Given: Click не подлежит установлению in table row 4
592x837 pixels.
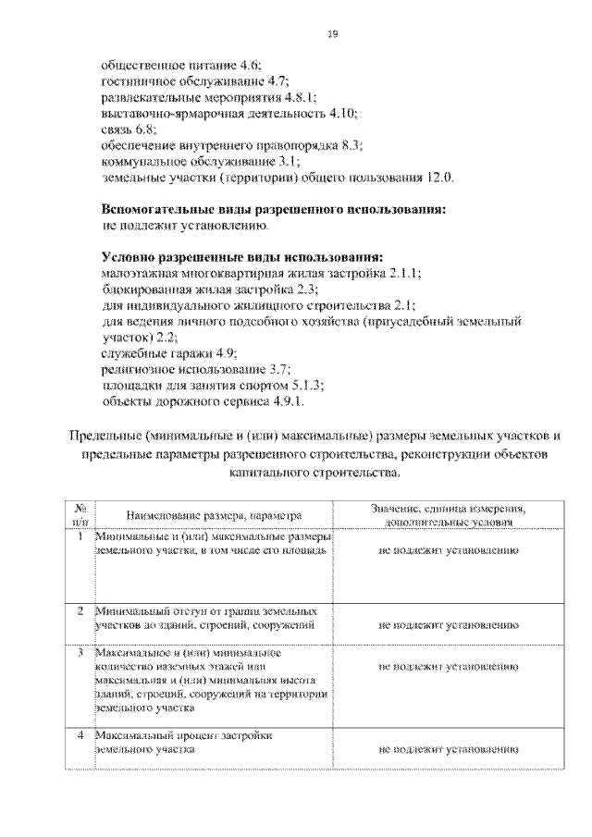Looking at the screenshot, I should tap(448, 749).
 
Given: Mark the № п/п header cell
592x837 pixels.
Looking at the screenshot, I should tap(80, 514).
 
